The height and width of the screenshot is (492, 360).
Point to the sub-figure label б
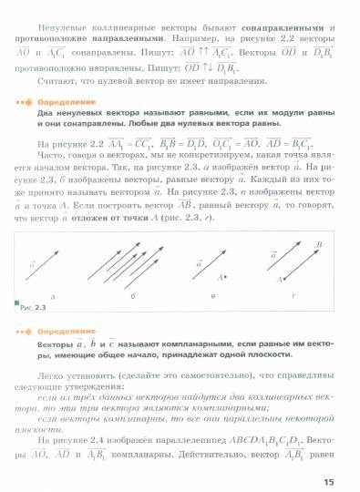(x=135, y=298)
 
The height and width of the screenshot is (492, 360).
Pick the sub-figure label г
(x=291, y=298)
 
